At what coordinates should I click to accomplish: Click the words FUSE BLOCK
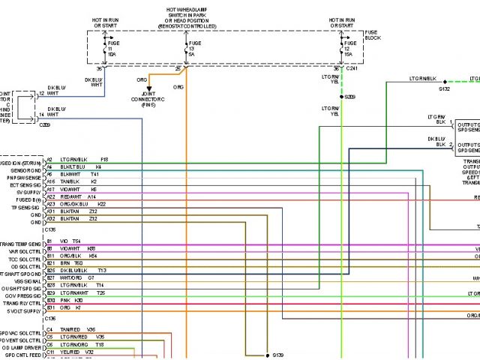(x=372, y=36)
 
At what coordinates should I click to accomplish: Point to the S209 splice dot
(x=342, y=97)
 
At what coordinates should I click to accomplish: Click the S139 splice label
(x=278, y=354)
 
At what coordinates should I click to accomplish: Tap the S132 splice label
(x=445, y=89)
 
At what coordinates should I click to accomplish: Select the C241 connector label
(x=352, y=69)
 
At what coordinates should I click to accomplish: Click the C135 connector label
(x=50, y=229)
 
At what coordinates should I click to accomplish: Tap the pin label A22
(x=51, y=197)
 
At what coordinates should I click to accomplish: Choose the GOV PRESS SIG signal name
(x=22, y=293)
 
